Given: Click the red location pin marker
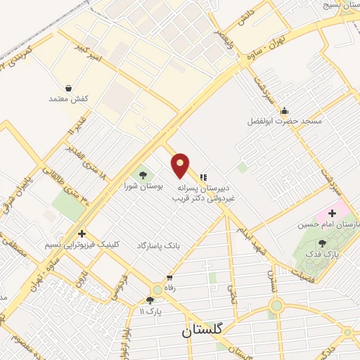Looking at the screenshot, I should click(x=180, y=165).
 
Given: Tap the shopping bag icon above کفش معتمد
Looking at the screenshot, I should click(x=68, y=88).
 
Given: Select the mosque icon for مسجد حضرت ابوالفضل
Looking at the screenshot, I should click(x=283, y=110).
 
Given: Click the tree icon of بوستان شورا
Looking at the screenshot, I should click(x=143, y=174).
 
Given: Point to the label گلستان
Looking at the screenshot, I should click(x=207, y=330).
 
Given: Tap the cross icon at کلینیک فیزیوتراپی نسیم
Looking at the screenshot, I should click(x=82, y=233).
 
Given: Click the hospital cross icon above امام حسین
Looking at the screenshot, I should click(x=331, y=213).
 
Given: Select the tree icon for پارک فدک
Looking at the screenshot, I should click(x=322, y=243).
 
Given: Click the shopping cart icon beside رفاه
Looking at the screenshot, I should click(x=169, y=276).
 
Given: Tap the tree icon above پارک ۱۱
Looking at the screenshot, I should click(x=150, y=300).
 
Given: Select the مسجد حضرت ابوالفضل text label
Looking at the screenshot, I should click(x=284, y=121).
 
